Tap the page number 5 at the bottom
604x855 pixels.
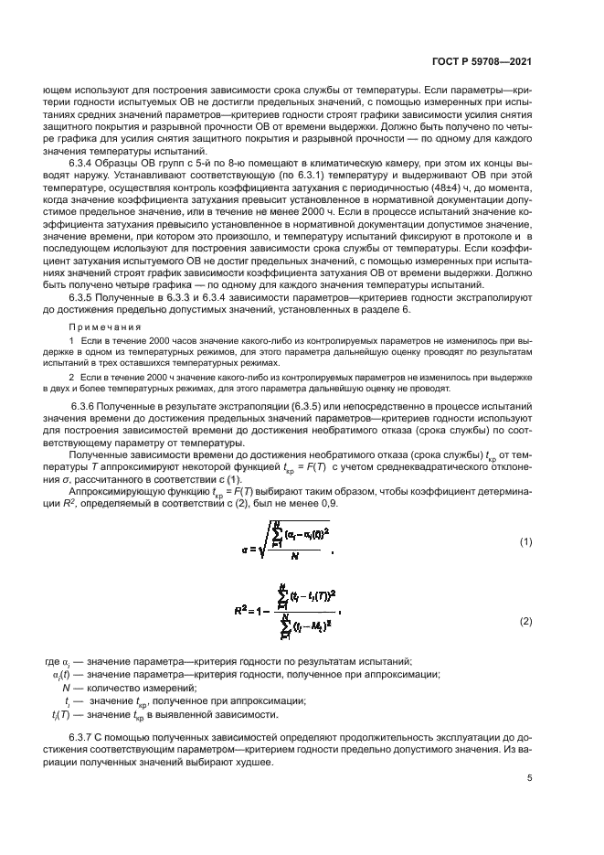529,780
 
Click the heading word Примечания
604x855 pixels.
96,326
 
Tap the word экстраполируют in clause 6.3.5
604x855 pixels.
487,296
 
